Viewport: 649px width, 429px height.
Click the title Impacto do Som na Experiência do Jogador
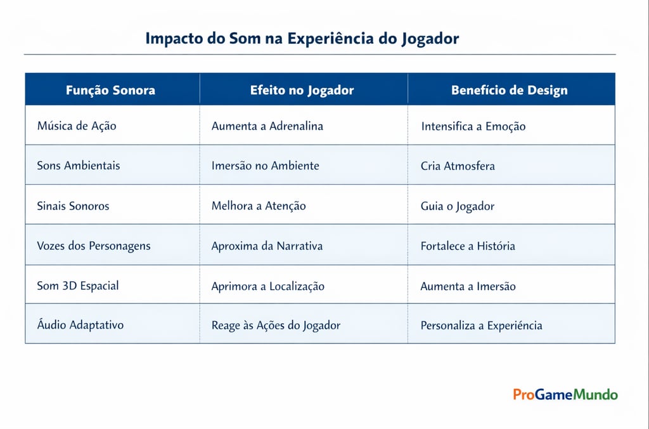[x=302, y=39]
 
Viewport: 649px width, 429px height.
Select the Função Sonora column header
[x=110, y=90]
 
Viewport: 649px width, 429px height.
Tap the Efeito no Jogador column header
[x=302, y=90]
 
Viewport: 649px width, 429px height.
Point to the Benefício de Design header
[x=509, y=90]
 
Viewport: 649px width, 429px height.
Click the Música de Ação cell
[x=77, y=126]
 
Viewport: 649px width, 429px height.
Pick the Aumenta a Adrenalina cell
[x=267, y=126]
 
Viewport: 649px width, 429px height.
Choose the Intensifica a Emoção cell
[x=473, y=126]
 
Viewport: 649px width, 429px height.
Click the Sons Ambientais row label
[x=79, y=166]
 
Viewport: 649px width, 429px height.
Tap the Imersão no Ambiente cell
[x=265, y=166]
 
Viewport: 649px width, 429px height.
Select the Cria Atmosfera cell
[x=458, y=166]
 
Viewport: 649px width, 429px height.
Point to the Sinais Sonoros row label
[x=73, y=206]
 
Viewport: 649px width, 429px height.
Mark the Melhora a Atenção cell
[x=259, y=206]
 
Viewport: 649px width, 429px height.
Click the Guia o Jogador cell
[x=457, y=206]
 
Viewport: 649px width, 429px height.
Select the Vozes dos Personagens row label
[x=94, y=246]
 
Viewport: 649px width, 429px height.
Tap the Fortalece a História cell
[x=468, y=246]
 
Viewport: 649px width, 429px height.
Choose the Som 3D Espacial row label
[x=78, y=286]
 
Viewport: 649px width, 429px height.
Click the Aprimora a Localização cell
[x=267, y=286]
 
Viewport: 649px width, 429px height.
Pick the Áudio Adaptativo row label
[x=80, y=325]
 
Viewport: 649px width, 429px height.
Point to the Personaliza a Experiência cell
[x=481, y=326]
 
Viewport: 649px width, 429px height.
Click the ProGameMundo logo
[x=565, y=395]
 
